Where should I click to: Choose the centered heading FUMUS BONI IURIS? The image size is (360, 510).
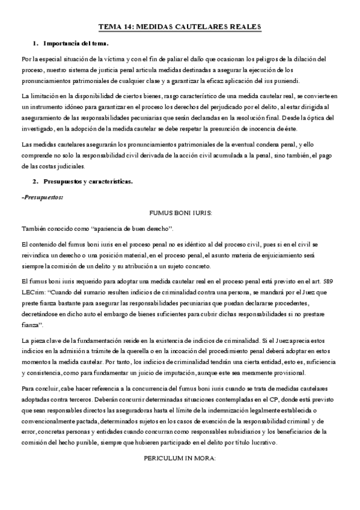point(180,213)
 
